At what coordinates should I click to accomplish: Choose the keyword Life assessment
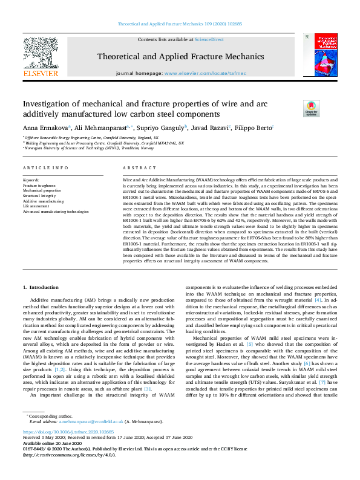click(x=36, y=206)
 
